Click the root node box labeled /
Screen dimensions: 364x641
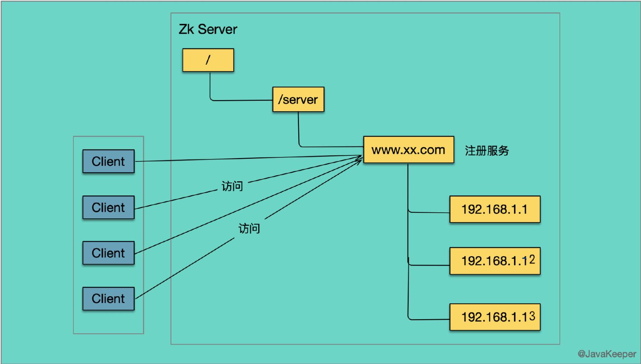pos(208,60)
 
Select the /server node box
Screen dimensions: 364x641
pos(298,99)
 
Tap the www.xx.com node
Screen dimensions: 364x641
pos(408,150)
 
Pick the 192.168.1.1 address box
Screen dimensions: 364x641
pos(495,209)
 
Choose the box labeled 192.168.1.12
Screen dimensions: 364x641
pos(495,261)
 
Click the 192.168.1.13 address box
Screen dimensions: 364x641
pos(495,317)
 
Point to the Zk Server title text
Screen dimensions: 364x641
pos(208,29)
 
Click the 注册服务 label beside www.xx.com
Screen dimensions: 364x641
pos(487,151)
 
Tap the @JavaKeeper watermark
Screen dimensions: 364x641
pos(607,354)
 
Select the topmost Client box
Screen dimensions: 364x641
pos(108,161)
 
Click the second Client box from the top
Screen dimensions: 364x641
pos(108,207)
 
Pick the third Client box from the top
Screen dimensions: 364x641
pos(108,253)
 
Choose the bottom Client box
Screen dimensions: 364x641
pos(108,299)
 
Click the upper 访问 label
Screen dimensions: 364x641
pos(232,186)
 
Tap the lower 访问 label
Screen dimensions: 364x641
pos(249,228)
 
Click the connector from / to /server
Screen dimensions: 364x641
pos(239,100)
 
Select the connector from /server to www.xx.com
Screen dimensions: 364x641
pos(329,146)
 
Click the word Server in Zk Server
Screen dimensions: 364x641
pos(217,29)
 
